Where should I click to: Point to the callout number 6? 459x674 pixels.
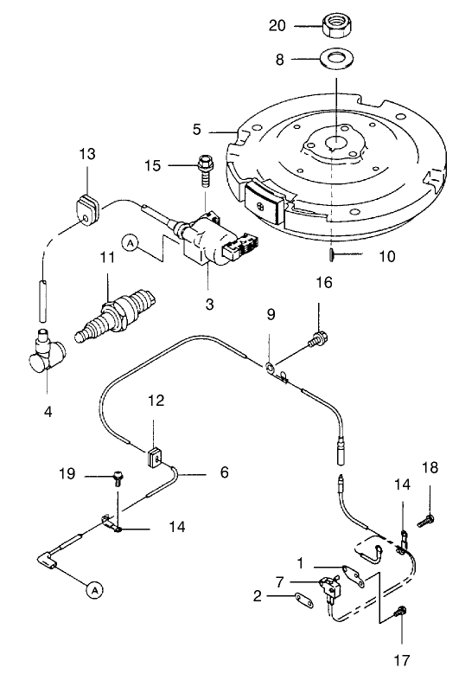click(223, 473)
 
